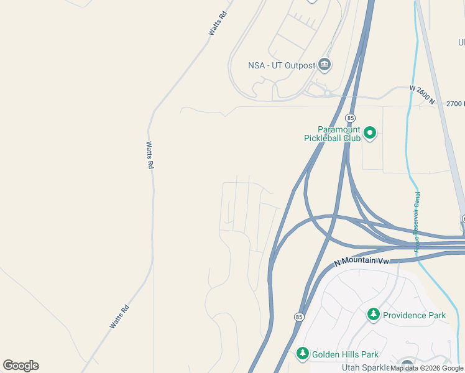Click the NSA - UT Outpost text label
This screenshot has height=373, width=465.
pos(281,65)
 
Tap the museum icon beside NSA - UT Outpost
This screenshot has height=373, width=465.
pos(324,64)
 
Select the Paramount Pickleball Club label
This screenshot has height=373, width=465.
pos(332,134)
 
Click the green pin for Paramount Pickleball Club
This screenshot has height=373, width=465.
pos(370,132)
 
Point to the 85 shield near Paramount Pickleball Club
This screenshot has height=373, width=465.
pos(351,117)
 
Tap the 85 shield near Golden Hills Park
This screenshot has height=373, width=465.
pos(300,316)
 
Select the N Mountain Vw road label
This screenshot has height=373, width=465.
pos(361,261)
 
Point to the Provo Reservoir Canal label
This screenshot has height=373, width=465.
pos(417,221)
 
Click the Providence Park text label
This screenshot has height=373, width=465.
pos(414,315)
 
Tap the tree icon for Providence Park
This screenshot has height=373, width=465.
pos(373,315)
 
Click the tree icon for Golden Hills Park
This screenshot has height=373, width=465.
pos(303,354)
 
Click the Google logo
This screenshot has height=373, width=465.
pos(21,366)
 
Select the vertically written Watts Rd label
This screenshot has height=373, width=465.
pos(149,155)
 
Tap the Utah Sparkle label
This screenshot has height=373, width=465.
pos(363,367)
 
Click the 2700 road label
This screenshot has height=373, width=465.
pos(455,103)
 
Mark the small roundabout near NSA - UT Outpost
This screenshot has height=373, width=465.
pos(327,93)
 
